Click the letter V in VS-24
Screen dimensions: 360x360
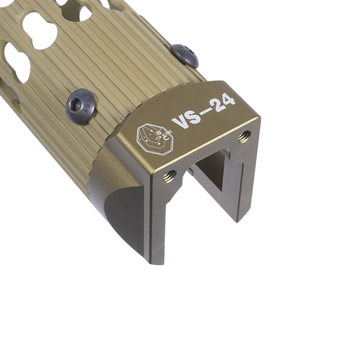179,122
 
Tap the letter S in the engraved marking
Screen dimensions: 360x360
194,116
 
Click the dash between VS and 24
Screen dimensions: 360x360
205,112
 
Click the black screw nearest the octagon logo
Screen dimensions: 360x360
80,106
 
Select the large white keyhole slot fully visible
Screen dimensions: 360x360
40,30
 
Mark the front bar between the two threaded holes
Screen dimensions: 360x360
207,156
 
